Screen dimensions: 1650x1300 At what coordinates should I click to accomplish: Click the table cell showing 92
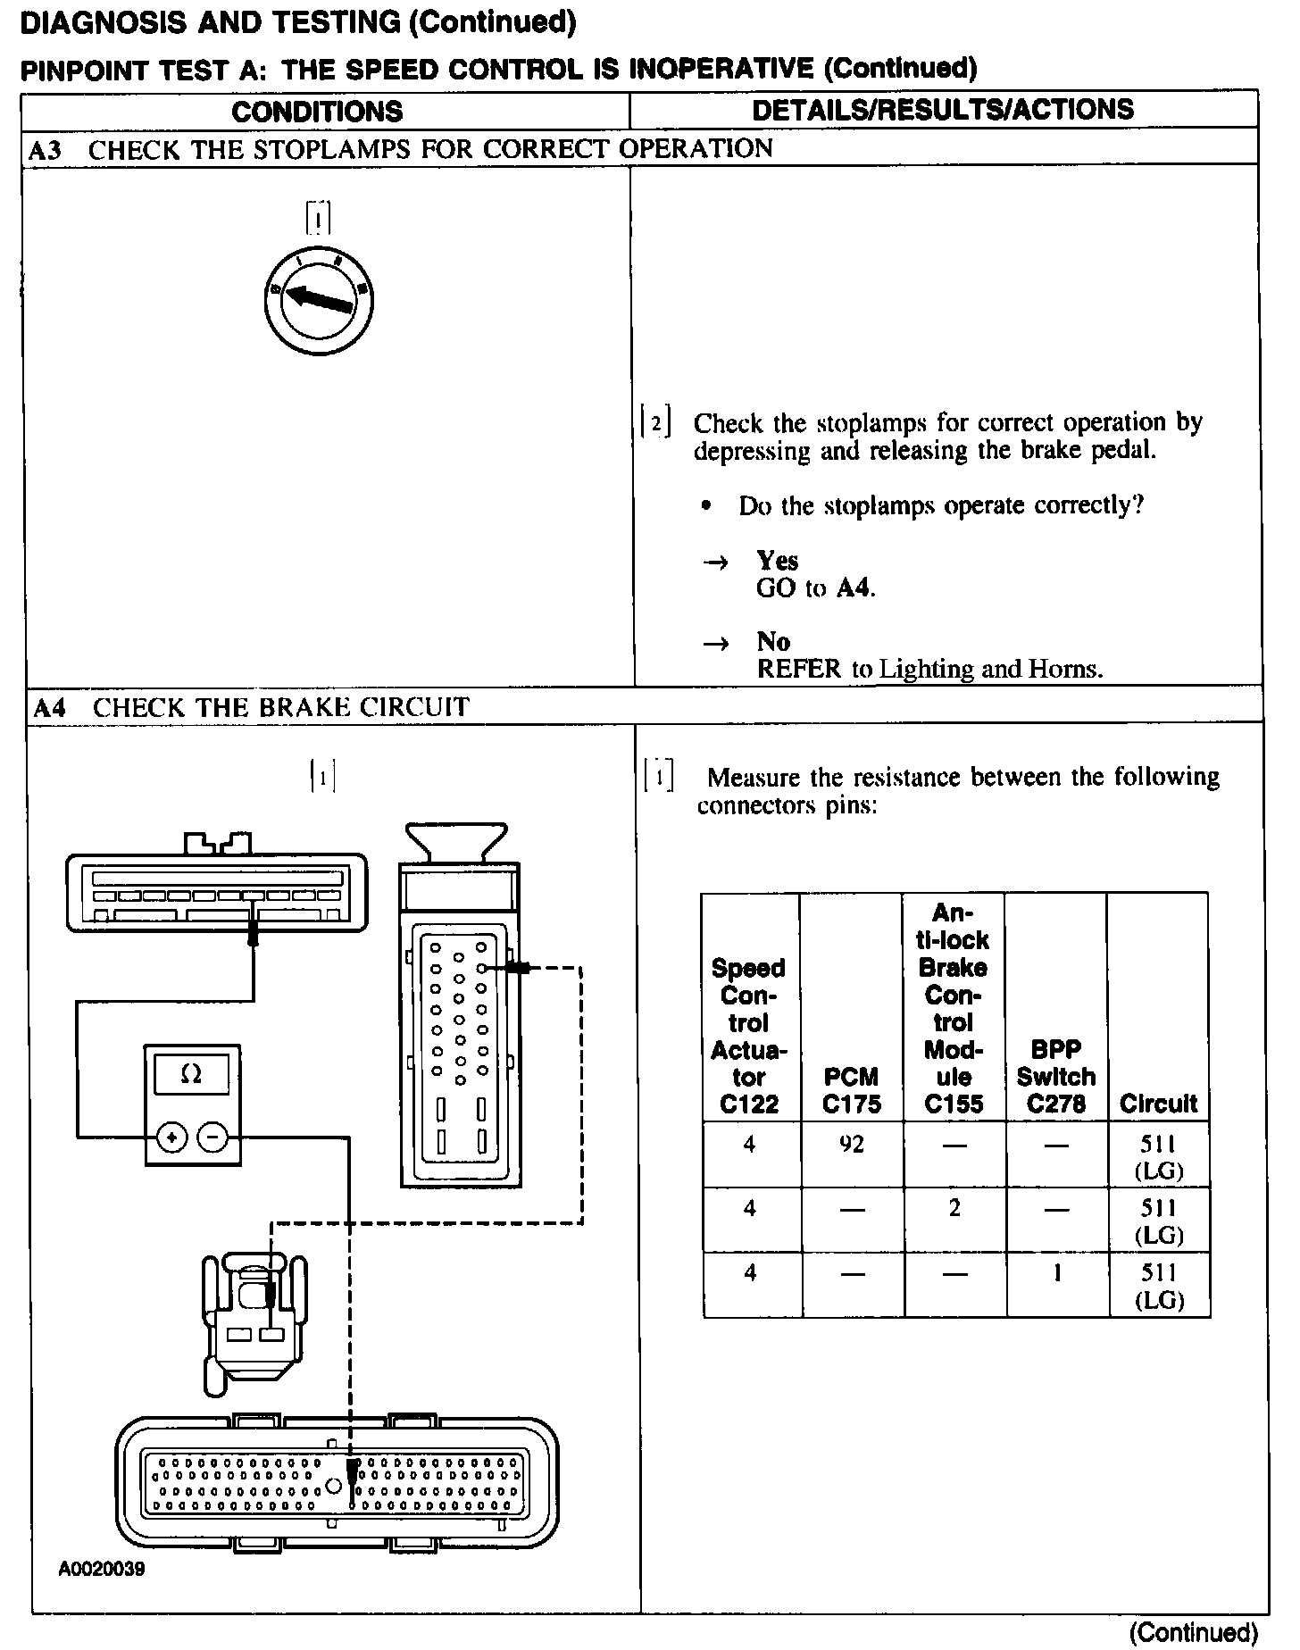point(852,1144)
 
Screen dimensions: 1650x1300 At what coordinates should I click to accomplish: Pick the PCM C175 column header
point(852,1090)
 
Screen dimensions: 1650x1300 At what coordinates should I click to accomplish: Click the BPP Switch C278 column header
point(1056,1077)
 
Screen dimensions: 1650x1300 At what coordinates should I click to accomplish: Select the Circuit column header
point(1158,1104)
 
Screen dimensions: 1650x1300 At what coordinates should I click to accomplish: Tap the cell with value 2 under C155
point(954,1208)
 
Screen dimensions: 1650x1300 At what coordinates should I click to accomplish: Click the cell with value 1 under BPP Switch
point(1057,1272)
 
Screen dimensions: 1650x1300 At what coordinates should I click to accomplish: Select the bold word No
point(773,641)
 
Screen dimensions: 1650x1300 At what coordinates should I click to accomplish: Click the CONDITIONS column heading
point(317,112)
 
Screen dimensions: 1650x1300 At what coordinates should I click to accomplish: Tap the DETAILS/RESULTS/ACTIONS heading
point(943,110)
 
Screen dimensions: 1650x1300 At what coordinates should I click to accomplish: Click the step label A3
point(45,150)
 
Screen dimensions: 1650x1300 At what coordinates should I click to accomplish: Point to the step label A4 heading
point(50,708)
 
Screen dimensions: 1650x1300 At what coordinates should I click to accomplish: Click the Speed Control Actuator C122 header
point(749,1036)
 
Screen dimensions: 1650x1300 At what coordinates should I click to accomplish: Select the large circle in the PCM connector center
point(333,1486)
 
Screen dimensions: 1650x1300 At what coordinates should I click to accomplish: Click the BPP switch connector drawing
point(254,1321)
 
